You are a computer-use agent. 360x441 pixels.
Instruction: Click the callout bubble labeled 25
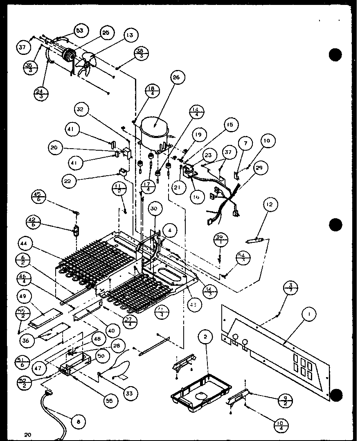106,33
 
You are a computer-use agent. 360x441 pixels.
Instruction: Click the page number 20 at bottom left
27,434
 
